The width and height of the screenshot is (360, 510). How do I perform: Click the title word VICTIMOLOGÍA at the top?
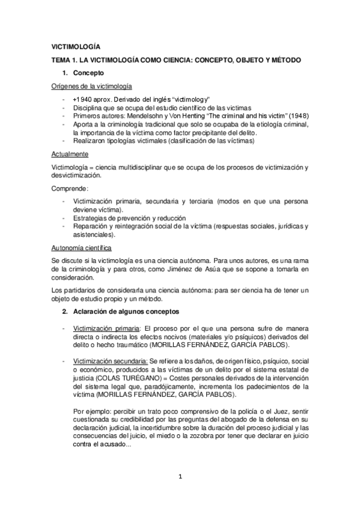pyautogui.click(x=76, y=47)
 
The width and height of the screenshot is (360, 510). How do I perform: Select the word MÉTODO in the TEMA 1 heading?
pyautogui.click(x=286, y=61)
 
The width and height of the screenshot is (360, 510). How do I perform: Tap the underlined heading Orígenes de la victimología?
pyautogui.click(x=92, y=86)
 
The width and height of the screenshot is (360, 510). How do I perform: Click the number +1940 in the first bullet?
pyautogui.click(x=82, y=99)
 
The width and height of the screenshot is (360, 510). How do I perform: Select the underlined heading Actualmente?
pyautogui.click(x=69, y=154)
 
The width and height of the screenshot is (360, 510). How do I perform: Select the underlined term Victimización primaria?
pyautogui.click(x=106, y=330)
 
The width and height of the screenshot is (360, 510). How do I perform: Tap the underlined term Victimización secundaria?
pyautogui.click(x=110, y=360)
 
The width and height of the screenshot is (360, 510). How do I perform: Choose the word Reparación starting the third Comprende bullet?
pyautogui.click(x=91, y=226)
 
